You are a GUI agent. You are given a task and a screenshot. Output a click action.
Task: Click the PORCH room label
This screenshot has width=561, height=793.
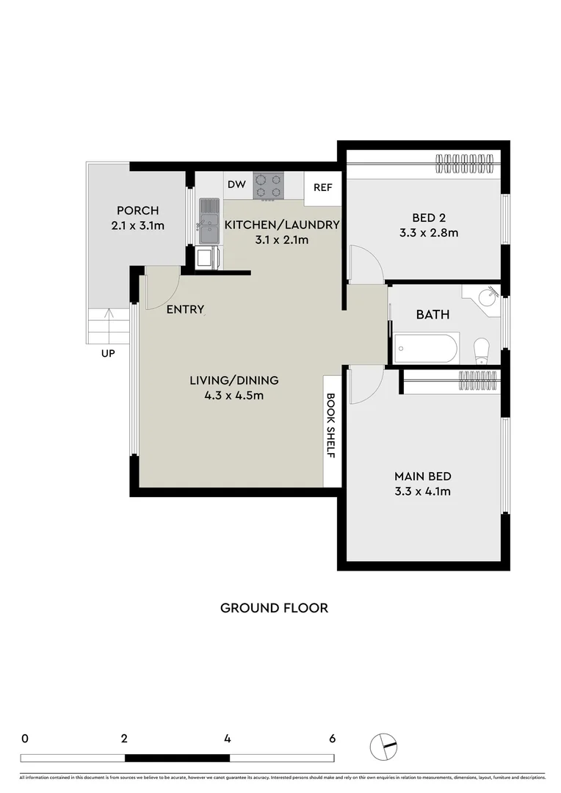pyautogui.click(x=137, y=211)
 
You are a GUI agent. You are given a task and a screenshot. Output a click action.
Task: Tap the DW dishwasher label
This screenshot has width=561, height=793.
pyautogui.click(x=236, y=185)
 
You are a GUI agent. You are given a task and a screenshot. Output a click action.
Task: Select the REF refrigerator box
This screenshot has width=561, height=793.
pyautogui.click(x=323, y=188)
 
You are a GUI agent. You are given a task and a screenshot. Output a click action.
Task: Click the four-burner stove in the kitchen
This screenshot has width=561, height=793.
pyautogui.click(x=269, y=186)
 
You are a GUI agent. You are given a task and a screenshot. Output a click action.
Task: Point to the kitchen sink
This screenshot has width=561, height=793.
pyautogui.click(x=208, y=221)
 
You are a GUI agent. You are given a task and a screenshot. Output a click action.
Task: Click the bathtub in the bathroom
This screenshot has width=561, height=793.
pyautogui.click(x=426, y=348)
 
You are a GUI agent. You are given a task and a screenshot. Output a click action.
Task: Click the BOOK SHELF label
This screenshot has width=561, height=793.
pyautogui.click(x=330, y=426)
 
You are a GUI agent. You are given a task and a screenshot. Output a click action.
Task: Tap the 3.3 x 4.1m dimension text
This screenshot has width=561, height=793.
pyautogui.click(x=422, y=491)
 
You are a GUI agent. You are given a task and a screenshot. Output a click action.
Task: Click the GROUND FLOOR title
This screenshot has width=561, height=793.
pyautogui.click(x=274, y=608)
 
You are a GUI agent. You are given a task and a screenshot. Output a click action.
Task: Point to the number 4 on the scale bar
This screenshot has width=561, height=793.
pyautogui.click(x=228, y=739)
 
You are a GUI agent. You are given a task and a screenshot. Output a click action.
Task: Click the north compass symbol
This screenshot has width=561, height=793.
pyautogui.click(x=383, y=746)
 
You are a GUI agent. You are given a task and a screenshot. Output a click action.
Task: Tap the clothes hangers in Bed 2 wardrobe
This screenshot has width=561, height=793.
pyautogui.click(x=463, y=163)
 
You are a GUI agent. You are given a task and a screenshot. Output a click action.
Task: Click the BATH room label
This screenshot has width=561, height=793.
pyautogui.click(x=433, y=314)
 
